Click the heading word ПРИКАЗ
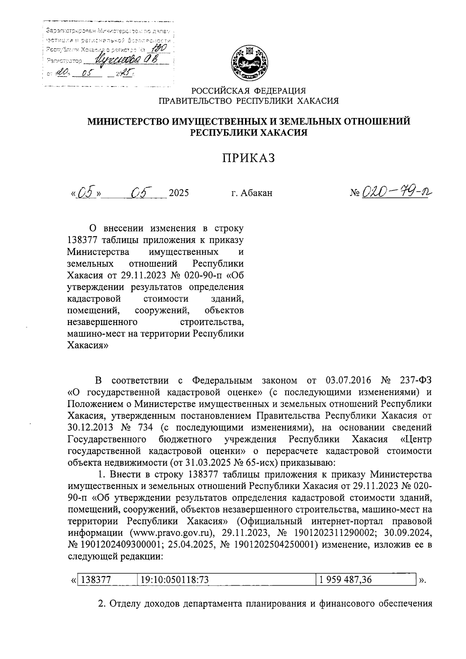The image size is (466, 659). [248, 158]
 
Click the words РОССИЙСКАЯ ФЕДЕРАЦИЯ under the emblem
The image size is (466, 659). [248, 90]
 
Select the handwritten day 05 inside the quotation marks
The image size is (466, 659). [85, 192]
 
